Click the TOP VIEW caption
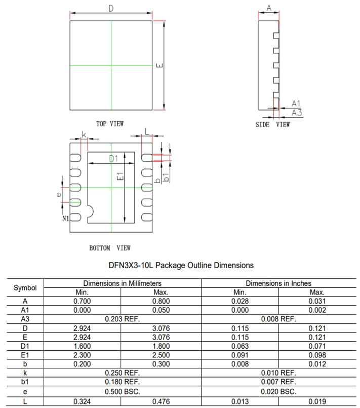(x=110, y=124)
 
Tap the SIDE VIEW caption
(x=272, y=125)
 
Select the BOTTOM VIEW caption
(x=110, y=248)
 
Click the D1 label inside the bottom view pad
(x=113, y=159)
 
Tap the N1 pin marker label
(x=65, y=219)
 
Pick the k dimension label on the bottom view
(x=84, y=134)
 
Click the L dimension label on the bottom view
(x=147, y=131)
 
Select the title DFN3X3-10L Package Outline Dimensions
(x=181, y=265)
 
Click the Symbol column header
(x=25, y=287)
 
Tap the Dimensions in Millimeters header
(x=122, y=283)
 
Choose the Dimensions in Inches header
(x=278, y=283)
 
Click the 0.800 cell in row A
(x=161, y=301)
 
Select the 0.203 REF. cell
(x=122, y=319)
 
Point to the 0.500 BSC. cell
(x=122, y=392)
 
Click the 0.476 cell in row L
(x=161, y=401)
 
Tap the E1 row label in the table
(x=25, y=355)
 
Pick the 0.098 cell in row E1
(x=317, y=355)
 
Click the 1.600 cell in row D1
(x=82, y=346)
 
